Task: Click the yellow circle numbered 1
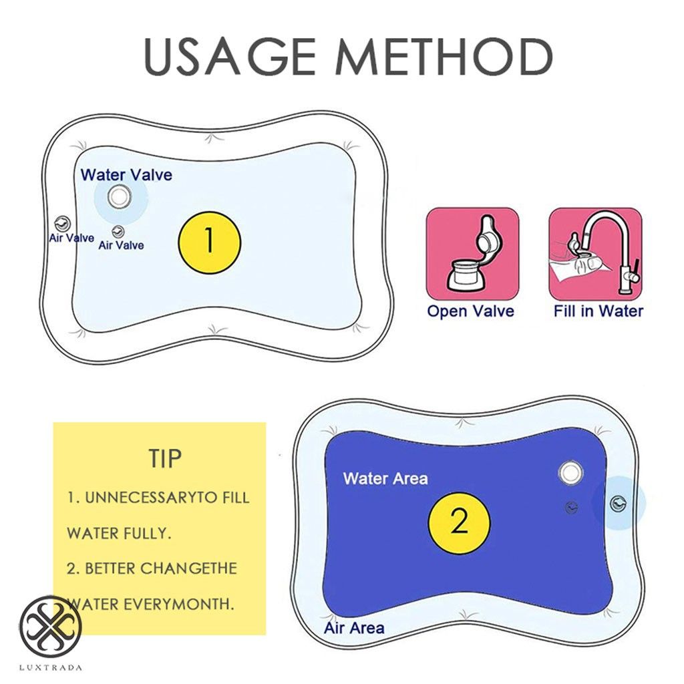[209, 242]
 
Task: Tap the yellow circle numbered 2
[460, 522]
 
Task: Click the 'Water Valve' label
[126, 175]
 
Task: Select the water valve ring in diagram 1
[118, 197]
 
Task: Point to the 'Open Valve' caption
[471, 311]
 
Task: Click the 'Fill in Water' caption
[598, 311]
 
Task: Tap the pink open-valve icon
[472, 254]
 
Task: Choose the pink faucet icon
[595, 254]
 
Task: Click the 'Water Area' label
[385, 478]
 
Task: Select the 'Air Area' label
[354, 628]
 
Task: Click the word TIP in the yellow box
[165, 458]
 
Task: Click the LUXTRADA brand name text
[51, 667]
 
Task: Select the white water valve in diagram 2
[570, 472]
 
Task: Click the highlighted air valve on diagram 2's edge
[618, 504]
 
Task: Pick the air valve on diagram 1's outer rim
[61, 224]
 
